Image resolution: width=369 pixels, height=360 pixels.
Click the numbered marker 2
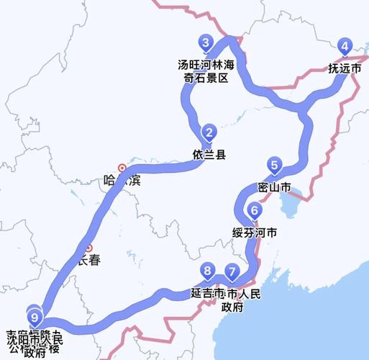(x=209, y=132)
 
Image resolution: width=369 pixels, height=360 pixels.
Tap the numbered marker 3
(x=206, y=43)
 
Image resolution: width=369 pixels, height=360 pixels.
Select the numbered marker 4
(x=345, y=48)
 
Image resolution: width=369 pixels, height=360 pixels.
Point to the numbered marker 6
(x=254, y=212)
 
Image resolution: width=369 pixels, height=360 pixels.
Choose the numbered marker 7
(x=232, y=272)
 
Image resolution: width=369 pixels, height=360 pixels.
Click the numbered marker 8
(x=208, y=271)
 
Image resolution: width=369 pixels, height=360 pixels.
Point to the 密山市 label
(x=275, y=187)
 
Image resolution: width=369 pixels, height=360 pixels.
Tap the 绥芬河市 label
(x=254, y=233)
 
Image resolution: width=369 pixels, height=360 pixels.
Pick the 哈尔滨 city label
(x=122, y=180)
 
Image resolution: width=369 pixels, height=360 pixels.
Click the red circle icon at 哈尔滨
(x=122, y=168)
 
